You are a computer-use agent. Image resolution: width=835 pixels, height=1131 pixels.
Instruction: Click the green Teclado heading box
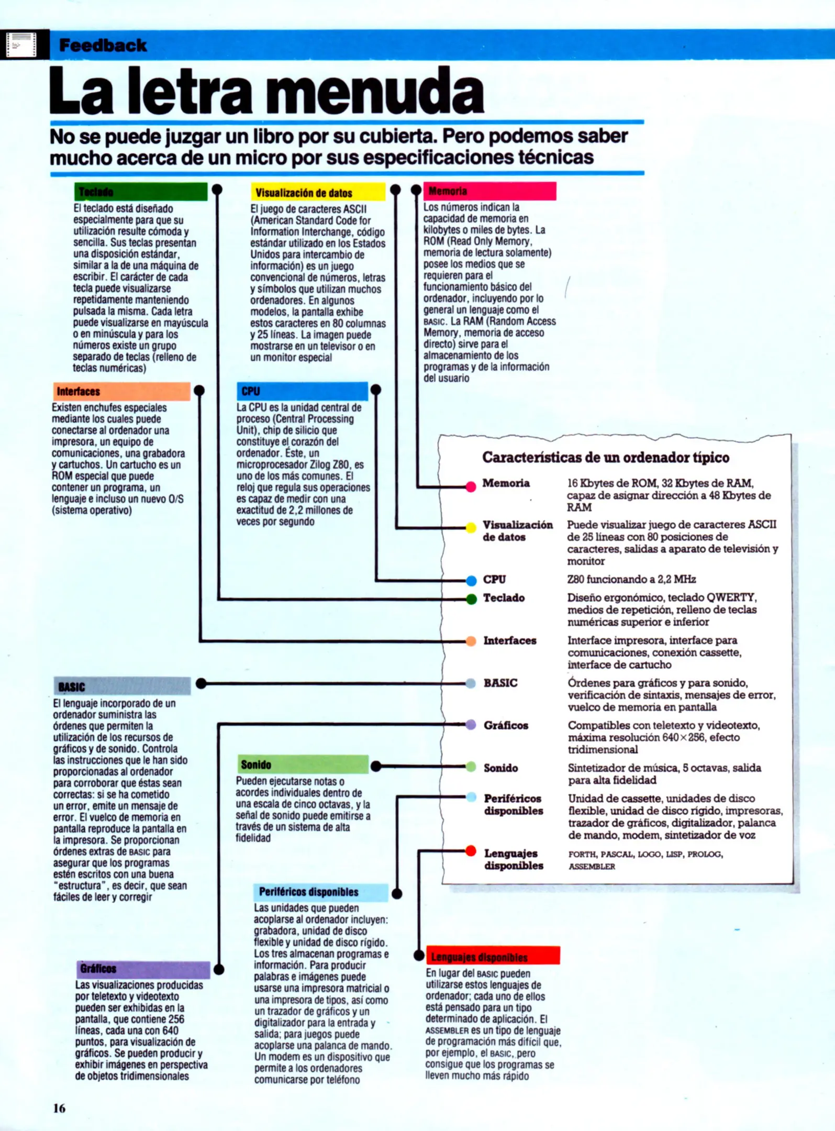140,192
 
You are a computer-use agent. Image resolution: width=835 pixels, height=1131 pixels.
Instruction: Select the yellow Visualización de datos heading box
318,192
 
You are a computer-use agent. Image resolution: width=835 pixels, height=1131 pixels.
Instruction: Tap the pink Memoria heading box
489,191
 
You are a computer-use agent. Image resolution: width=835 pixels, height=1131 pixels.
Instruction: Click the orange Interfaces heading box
121,391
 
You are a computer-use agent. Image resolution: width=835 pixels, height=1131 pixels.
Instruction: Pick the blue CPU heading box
302,391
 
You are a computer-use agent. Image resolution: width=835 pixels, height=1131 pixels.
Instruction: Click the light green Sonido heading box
303,764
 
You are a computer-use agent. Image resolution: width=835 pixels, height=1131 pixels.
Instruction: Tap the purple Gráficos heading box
143,969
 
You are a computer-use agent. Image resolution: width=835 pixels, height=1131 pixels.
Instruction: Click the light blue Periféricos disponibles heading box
321,892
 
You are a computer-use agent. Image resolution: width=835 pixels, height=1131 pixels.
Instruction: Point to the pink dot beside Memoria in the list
471,487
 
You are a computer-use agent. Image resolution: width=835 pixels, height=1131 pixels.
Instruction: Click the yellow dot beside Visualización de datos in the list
471,527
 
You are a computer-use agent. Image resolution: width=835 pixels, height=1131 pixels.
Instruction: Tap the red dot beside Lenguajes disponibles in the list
471,851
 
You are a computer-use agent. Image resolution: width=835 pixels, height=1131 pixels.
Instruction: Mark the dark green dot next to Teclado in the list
471,599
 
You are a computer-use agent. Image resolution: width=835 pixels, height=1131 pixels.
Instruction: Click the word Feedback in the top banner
103,46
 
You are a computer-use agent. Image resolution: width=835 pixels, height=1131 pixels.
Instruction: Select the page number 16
59,1107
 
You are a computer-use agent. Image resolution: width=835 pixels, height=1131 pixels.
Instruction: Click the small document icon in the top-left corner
21,45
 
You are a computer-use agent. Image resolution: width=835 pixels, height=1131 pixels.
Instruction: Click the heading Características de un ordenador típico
605,458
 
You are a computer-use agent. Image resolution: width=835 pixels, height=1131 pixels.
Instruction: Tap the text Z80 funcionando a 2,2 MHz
631,579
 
